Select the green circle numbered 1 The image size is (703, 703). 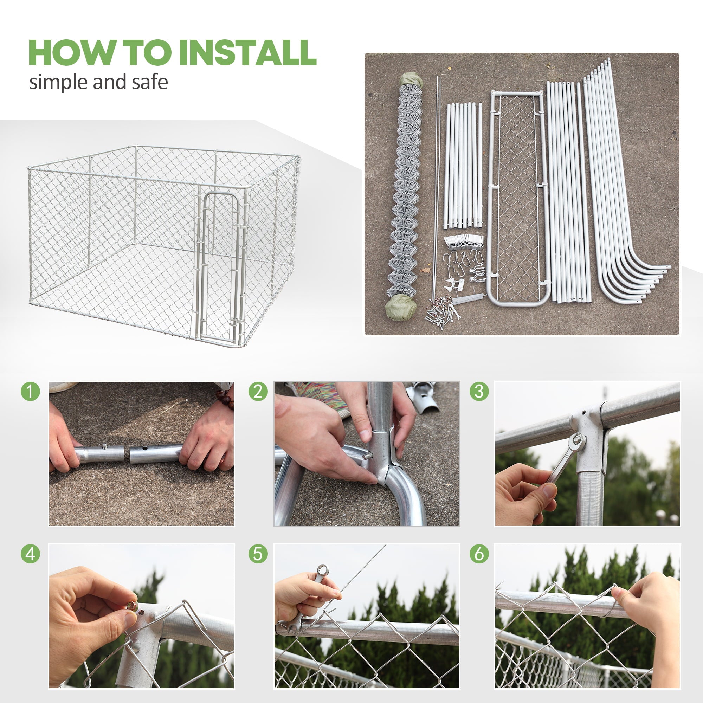tap(30, 392)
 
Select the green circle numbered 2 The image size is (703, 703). tap(258, 392)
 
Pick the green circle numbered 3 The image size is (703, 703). tap(479, 392)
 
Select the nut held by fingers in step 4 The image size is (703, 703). tap(132, 606)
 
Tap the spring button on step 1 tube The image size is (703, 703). tap(105, 446)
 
